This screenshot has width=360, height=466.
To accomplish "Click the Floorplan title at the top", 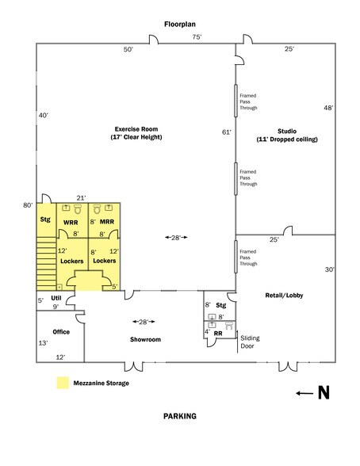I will point(179,24).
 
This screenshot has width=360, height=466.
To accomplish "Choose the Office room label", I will point(61,331).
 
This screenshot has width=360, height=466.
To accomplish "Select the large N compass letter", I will point(323,393).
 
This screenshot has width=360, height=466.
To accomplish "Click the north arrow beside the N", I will point(302,393).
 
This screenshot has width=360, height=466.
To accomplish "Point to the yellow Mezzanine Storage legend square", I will point(61,384).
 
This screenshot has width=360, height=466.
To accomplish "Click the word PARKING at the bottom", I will point(179,415).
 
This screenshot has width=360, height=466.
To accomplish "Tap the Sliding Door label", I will point(250,342).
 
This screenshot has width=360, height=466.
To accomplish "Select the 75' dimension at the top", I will point(196,37).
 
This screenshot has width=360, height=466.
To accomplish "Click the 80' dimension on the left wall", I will point(29,206).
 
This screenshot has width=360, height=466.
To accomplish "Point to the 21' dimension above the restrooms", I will point(80,197).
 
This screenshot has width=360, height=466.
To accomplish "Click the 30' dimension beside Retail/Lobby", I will point(328,270).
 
